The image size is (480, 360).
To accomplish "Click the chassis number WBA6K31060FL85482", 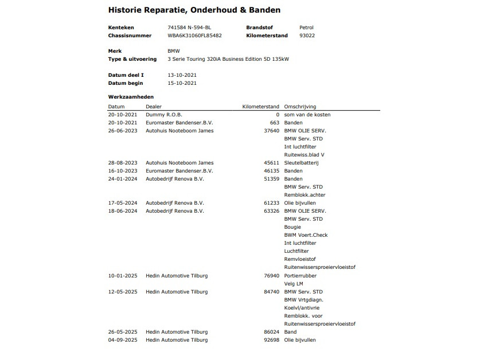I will [194, 36].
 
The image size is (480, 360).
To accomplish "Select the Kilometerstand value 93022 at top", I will [307, 36].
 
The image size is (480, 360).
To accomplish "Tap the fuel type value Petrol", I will [306, 28].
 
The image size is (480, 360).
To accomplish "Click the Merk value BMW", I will [173, 51].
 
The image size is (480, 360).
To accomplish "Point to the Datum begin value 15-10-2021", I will [182, 83].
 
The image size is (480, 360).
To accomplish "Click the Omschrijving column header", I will [300, 107].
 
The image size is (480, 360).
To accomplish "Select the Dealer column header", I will [154, 107].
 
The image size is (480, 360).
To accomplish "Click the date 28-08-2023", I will [123, 163].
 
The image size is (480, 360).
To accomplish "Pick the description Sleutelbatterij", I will [301, 163].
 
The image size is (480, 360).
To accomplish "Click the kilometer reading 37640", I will [271, 131].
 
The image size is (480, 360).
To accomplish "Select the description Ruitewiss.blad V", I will [304, 155].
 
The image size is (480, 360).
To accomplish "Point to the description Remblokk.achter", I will [305, 195].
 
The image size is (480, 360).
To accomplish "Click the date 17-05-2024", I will [123, 203].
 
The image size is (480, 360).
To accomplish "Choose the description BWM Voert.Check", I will [306, 235].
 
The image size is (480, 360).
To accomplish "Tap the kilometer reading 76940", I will [271, 276].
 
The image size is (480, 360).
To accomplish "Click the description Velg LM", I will [294, 284].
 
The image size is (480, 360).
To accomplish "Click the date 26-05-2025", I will [123, 332].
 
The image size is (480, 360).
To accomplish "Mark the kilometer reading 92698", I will [271, 340].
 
